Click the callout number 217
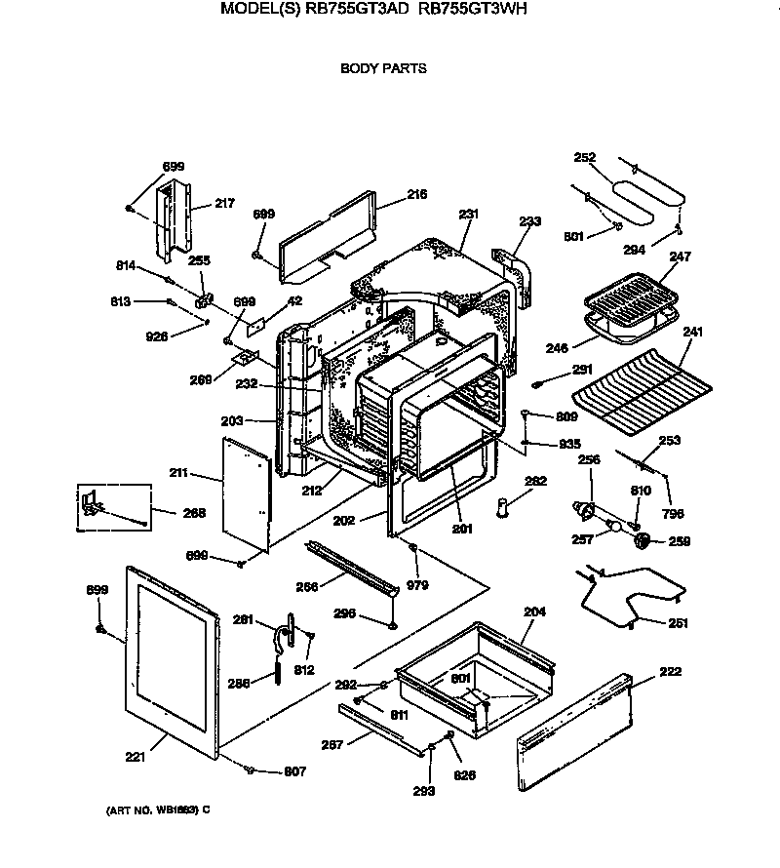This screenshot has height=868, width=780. tap(224, 204)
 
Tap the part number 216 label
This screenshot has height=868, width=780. tap(416, 195)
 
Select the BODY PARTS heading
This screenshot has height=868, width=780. tap(383, 69)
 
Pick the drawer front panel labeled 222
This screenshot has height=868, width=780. tap(575, 731)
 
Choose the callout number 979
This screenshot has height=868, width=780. tap(417, 585)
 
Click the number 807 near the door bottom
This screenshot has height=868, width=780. tap(294, 771)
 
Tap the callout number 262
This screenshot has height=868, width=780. tap(535, 481)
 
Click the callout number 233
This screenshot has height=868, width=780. tap(528, 222)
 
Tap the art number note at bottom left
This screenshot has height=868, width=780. tap(157, 810)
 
